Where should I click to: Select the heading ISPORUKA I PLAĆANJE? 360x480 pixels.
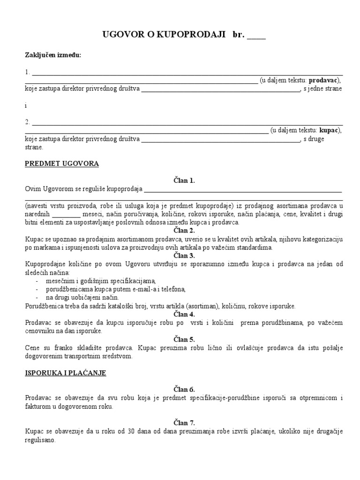point(66,373)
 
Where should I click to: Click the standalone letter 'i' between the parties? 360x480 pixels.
point(26,105)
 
